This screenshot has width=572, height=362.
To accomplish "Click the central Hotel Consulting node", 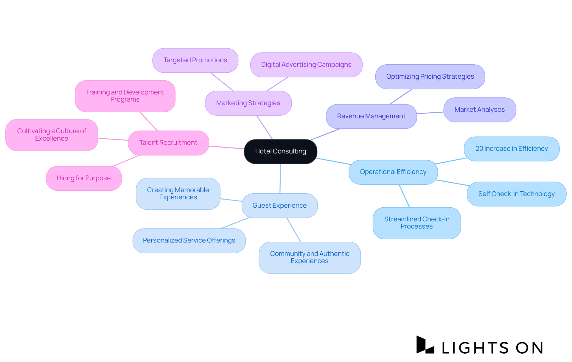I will coord(280,151).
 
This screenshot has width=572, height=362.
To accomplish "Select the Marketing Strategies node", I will coord(248,103).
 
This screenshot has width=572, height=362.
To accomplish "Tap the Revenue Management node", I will coord(371,116).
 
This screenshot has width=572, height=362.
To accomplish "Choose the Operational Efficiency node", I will coord(393,172).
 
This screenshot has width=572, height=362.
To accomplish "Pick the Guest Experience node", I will coord(279,206).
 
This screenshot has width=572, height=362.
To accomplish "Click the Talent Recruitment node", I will coord(168,143).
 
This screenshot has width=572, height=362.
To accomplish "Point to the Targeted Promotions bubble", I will coord(195,60).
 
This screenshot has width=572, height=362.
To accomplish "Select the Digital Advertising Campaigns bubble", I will coord(306,65).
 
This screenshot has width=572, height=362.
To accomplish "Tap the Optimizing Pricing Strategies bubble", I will coord(430,77).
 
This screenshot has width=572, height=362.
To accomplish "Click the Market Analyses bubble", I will coord(479,110).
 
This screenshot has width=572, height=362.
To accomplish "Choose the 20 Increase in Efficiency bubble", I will coord(511,149).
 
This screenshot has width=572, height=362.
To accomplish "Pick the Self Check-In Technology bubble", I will coord(516,194).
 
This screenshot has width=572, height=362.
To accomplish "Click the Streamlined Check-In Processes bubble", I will coord(416,223).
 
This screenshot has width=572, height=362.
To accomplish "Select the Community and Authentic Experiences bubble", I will coord(310,257).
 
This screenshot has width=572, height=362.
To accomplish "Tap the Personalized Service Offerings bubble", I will coord(189,240).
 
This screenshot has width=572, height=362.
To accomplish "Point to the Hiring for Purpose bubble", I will coord(84,178).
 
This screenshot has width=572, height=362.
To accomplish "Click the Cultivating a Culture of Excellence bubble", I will coord(52,135).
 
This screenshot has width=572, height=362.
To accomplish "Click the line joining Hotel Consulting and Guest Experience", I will coord(280,179).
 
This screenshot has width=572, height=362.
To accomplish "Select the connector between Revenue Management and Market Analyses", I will coord(430,113).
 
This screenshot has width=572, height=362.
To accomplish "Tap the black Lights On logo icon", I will coord(425,345).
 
